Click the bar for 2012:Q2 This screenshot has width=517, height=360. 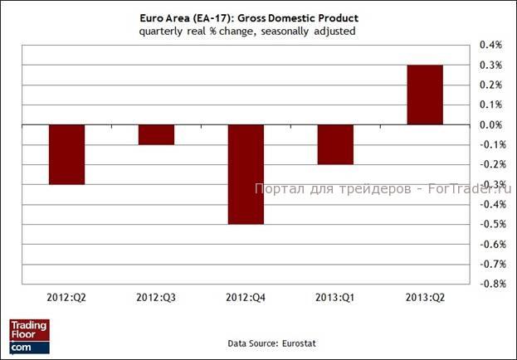point(66,154)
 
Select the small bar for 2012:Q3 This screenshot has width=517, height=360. point(156,134)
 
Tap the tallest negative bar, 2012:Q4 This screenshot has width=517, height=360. point(246,174)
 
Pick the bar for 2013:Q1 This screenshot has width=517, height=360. point(335,144)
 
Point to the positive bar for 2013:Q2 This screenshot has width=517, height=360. point(425,95)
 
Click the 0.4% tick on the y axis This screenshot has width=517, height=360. point(492,45)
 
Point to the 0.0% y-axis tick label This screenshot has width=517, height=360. point(492,124)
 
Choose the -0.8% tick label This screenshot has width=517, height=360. point(490,284)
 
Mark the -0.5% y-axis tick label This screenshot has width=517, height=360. point(490,224)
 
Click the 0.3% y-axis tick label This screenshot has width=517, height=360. point(492,65)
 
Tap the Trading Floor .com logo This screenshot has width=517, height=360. point(29,336)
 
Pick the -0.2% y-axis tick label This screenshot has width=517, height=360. point(490,164)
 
